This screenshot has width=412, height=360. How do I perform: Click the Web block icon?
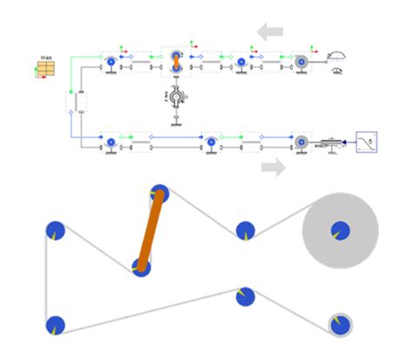point(46,66)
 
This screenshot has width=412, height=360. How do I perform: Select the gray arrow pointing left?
point(269,32)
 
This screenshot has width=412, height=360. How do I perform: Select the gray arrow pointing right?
point(273,167)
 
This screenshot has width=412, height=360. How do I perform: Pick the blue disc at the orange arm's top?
point(159,194)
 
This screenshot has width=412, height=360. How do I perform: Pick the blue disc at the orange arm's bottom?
point(143,267)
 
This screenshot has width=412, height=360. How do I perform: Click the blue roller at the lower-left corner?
point(56,325)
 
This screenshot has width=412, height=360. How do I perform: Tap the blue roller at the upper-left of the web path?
point(56,230)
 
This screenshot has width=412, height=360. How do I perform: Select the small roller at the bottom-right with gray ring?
point(341,324)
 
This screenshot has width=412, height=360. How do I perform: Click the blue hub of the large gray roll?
point(340,230)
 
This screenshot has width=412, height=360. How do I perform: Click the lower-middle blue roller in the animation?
point(245,297)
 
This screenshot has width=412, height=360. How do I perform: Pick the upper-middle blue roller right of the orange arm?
point(246,230)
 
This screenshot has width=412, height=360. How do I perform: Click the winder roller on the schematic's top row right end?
point(301,63)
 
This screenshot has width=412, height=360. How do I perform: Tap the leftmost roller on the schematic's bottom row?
point(111,140)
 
